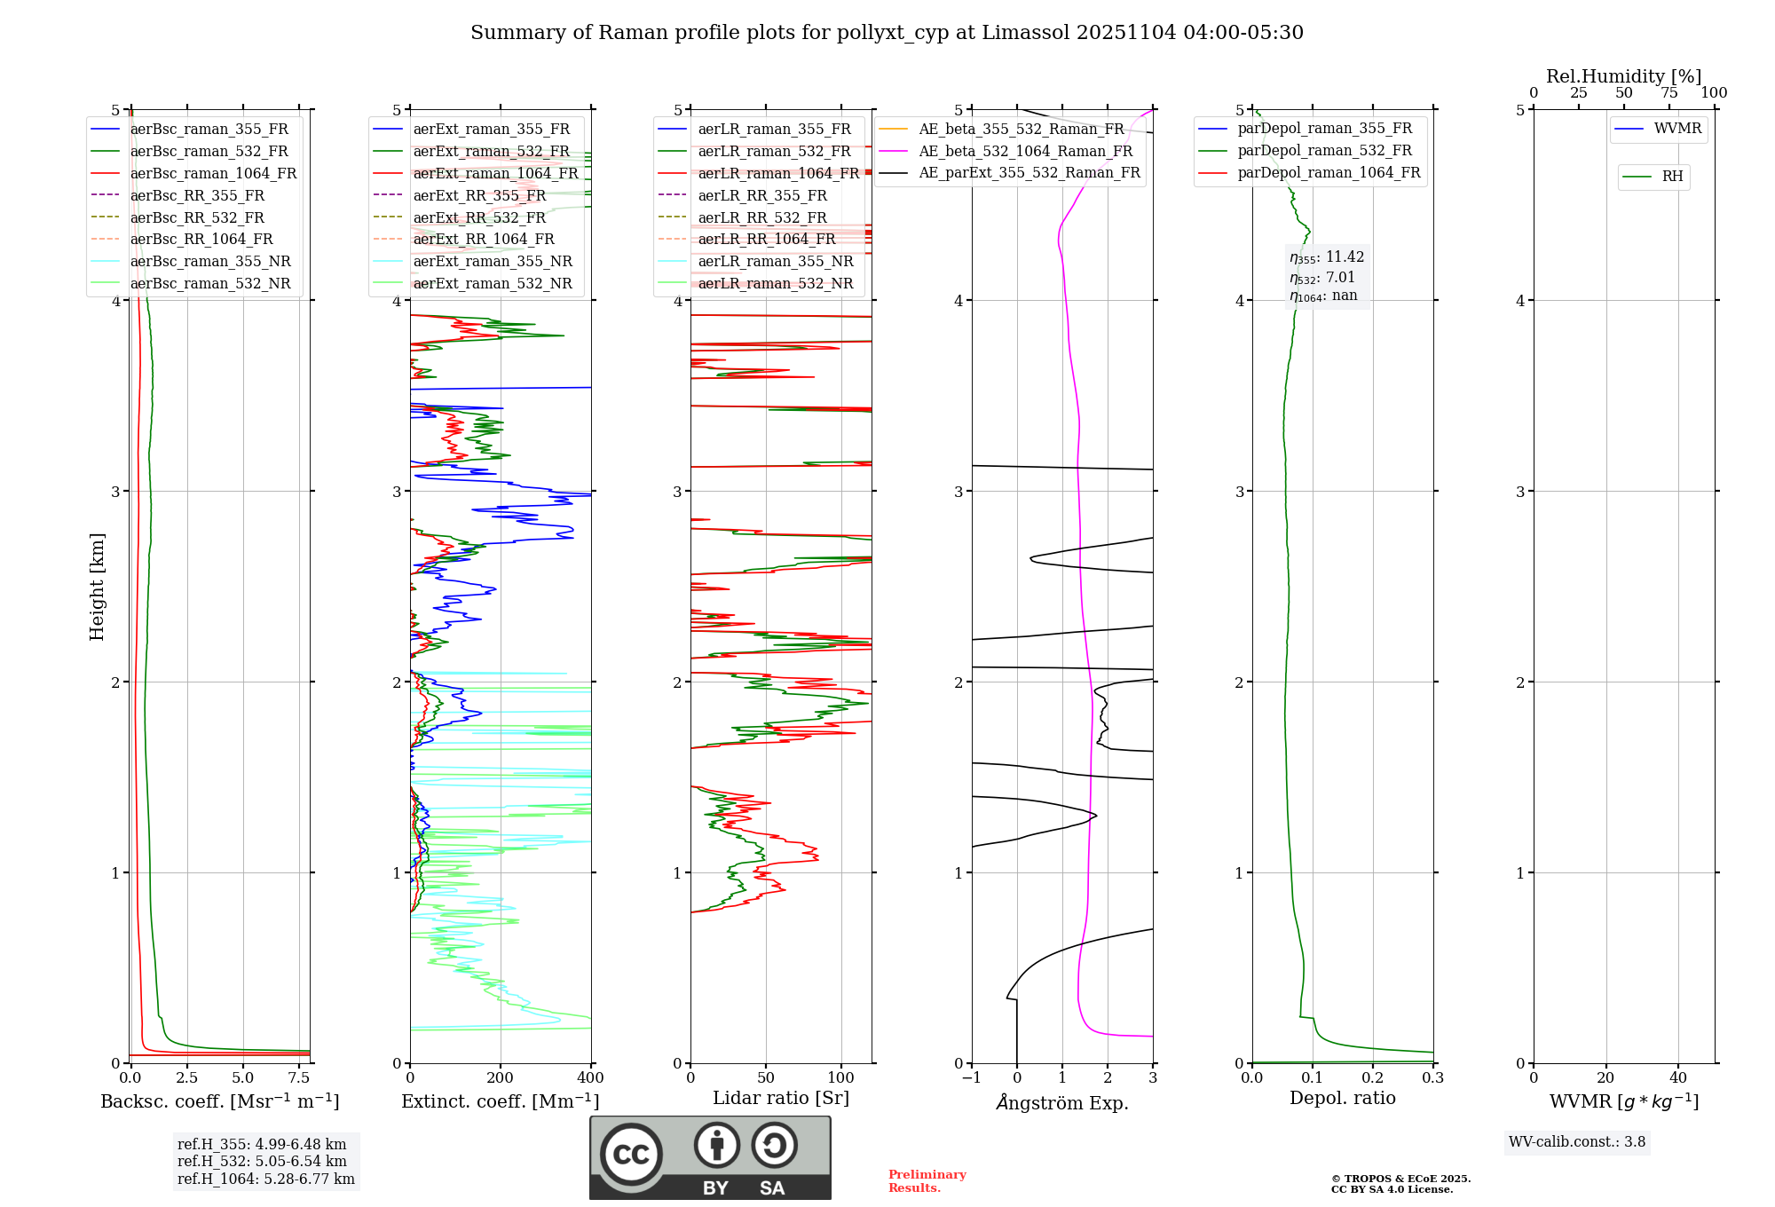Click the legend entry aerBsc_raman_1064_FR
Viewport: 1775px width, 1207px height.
click(x=213, y=173)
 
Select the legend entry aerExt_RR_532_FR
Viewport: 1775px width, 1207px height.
click(x=479, y=217)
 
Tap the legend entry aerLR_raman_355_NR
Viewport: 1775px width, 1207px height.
click(x=775, y=261)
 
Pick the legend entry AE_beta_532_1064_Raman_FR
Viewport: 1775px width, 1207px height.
click(x=1025, y=151)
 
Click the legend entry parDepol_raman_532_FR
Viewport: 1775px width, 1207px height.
click(x=1324, y=150)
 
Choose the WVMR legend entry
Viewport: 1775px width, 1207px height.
click(x=1676, y=129)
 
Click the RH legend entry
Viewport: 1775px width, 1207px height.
click(x=1672, y=177)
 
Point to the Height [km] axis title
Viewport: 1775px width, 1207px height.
click(x=97, y=587)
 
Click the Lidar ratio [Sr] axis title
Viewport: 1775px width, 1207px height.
click(x=780, y=1098)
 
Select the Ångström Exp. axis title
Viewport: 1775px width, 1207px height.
click(x=1062, y=1102)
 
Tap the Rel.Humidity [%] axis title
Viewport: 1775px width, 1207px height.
click(x=1623, y=76)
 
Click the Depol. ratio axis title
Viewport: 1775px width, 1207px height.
click(x=1342, y=1098)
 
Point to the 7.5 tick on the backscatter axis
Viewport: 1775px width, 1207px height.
click(x=299, y=1078)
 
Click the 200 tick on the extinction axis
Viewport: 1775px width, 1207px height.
click(x=501, y=1078)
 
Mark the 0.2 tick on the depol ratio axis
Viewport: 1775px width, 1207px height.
click(x=1373, y=1078)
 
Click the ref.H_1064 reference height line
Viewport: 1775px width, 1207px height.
click(x=265, y=1179)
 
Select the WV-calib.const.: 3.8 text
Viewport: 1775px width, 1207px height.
click(x=1576, y=1141)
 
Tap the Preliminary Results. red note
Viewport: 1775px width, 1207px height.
click(x=927, y=1180)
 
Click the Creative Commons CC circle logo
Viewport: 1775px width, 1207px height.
click(x=631, y=1154)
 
